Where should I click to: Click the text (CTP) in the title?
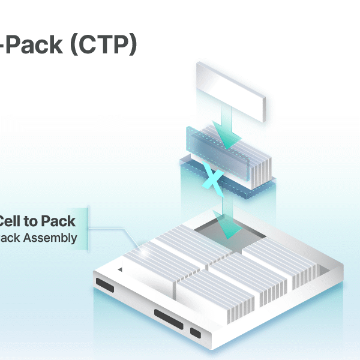(x=103, y=46)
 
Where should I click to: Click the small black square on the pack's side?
(x=196, y=332)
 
